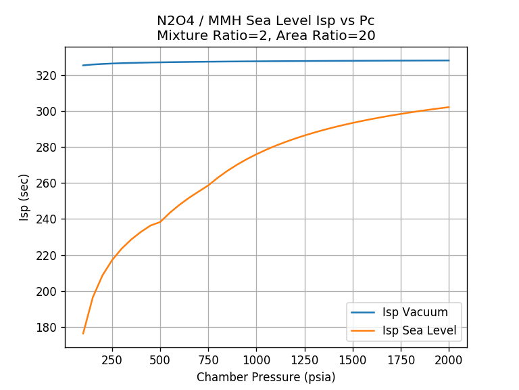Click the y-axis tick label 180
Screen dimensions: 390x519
50,328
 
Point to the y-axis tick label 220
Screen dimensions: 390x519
50,255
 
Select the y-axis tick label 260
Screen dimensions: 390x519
50,183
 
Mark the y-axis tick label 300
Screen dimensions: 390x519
50,111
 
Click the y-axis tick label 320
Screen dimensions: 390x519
50,75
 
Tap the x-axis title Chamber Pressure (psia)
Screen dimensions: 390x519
266,377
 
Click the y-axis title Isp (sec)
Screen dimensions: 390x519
24,197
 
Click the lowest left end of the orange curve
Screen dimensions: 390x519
83,333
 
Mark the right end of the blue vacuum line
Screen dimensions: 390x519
449,60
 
